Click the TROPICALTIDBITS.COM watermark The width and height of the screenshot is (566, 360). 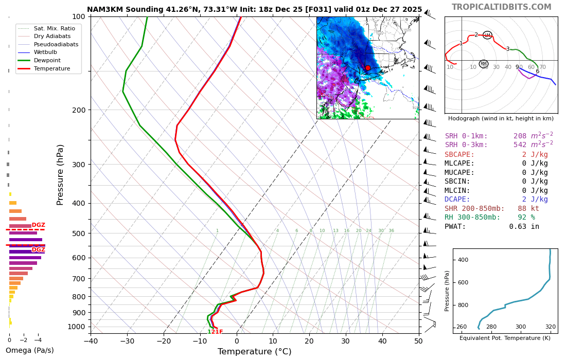(501, 7)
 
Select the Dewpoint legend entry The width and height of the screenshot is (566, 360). (47, 60)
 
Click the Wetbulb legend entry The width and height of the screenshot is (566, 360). (46, 52)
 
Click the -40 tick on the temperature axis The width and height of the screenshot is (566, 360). (91, 340)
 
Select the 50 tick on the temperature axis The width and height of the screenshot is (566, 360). (418, 340)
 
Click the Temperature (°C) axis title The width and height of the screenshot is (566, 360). (254, 352)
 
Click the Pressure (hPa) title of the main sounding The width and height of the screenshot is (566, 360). (61, 175)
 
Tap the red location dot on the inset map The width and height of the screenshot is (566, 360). (367, 68)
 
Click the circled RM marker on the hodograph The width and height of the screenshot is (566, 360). (483, 64)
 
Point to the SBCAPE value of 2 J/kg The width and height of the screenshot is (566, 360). (535, 154)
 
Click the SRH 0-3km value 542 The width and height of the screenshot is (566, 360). (522, 145)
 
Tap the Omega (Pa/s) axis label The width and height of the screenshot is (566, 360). (29, 350)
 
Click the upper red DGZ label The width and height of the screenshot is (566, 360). (39, 225)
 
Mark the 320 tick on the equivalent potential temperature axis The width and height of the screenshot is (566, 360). (550, 327)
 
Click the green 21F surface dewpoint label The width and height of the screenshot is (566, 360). (217, 332)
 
